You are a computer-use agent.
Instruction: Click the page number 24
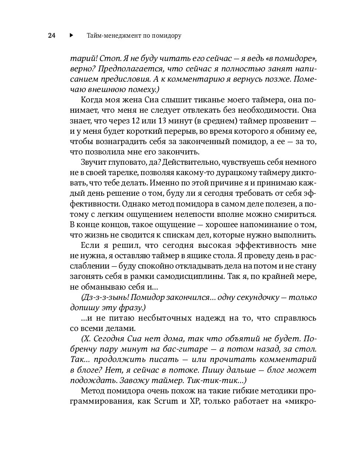(51, 36)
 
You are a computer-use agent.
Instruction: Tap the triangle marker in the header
(71, 35)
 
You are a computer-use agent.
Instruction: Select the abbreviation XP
(194, 401)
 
